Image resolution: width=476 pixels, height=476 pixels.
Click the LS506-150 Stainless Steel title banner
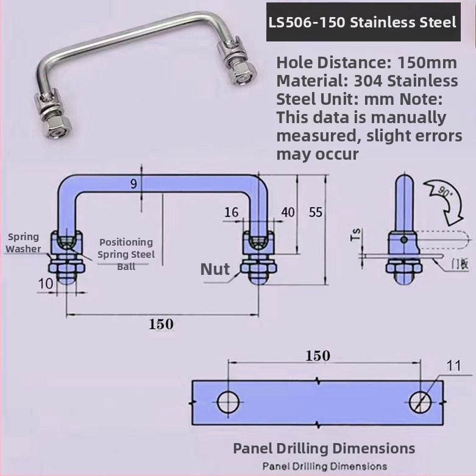click(x=363, y=23)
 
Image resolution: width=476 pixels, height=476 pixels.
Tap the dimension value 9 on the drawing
click(x=134, y=183)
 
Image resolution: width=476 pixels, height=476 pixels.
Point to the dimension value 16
click(x=232, y=212)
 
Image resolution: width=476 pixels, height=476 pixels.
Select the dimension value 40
click(x=288, y=212)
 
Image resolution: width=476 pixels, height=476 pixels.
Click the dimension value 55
click(x=315, y=212)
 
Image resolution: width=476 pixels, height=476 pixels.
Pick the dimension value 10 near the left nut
click(x=46, y=283)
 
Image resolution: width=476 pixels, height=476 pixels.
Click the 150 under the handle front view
click(x=161, y=324)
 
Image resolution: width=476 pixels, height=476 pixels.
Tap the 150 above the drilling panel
click(x=318, y=356)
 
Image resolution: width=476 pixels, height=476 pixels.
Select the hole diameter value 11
click(x=453, y=366)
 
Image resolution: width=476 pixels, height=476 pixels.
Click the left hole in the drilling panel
click(x=229, y=402)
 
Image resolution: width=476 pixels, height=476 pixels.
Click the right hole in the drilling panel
click(x=420, y=402)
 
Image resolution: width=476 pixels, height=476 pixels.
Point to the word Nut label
click(x=215, y=269)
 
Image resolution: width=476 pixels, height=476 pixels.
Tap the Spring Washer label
click(x=23, y=243)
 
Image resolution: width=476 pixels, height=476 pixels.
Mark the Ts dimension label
click(x=357, y=235)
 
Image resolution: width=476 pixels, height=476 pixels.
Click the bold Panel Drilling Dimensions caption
click(x=324, y=449)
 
